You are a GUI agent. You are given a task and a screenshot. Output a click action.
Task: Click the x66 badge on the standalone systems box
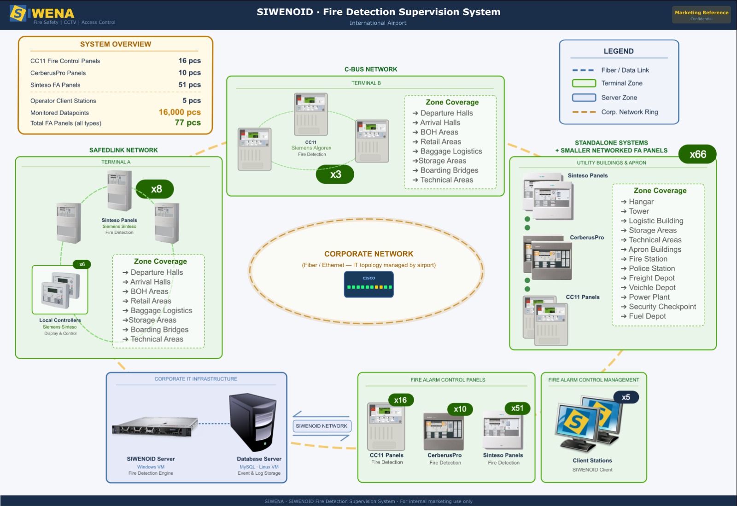[x=697, y=155]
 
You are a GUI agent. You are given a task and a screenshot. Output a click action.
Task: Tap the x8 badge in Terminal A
[x=155, y=189]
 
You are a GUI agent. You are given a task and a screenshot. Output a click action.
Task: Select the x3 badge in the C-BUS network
[x=335, y=174]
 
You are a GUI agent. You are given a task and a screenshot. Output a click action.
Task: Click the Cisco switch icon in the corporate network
[x=368, y=285]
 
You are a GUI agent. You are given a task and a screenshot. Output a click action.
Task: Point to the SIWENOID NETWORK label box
[x=322, y=426]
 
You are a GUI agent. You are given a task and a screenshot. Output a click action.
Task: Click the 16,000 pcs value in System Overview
[x=180, y=112]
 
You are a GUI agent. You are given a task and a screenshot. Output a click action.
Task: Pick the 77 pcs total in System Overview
[x=187, y=122]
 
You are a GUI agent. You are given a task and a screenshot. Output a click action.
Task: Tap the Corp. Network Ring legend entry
[x=629, y=112]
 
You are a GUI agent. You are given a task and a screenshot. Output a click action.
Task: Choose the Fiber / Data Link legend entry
[x=625, y=70]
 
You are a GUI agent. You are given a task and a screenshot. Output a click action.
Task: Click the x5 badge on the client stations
[x=626, y=397]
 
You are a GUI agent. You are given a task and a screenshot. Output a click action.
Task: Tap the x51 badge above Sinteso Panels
[x=517, y=408]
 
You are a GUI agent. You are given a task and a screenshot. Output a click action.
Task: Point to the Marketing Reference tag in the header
[x=701, y=15]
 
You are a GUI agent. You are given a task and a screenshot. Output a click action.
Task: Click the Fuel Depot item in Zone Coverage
[x=647, y=316]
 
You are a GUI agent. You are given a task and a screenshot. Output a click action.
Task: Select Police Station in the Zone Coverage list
[x=651, y=268]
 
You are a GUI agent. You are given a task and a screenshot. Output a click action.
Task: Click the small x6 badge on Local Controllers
[x=82, y=264]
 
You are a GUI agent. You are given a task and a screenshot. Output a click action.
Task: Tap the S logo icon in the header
[x=18, y=14]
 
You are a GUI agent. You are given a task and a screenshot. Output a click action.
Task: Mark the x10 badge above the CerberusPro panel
[x=460, y=409]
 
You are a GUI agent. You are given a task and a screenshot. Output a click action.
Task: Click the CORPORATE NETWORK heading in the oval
[x=368, y=254]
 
